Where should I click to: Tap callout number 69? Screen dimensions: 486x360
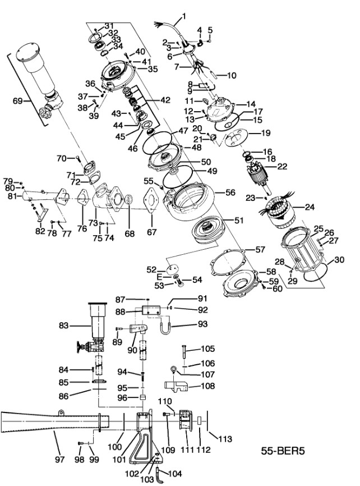(x=17, y=101)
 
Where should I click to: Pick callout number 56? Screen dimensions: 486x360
(x=230, y=191)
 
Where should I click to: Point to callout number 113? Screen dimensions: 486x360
(x=224, y=439)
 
